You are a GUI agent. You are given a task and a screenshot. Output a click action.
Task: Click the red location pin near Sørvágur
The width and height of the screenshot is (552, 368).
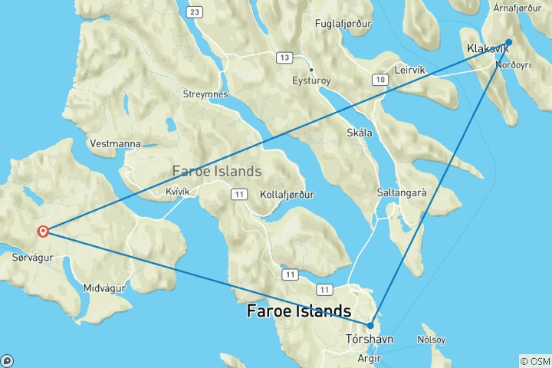pyautogui.click(x=44, y=231)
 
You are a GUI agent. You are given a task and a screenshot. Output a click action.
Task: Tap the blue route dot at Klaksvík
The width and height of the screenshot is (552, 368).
pyautogui.click(x=508, y=43)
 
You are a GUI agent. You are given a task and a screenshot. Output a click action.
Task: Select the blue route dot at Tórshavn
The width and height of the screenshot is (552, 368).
pyautogui.click(x=370, y=325)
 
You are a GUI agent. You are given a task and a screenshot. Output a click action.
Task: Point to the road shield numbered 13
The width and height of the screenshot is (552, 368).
pyautogui.click(x=285, y=58)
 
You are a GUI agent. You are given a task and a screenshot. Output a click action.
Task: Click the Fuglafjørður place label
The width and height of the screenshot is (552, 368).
pyautogui.click(x=343, y=24)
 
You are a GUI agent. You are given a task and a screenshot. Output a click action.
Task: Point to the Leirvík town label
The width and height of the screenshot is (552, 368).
pyautogui.click(x=409, y=69)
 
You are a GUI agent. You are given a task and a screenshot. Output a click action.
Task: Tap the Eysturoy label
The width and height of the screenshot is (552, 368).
pyautogui.click(x=310, y=80)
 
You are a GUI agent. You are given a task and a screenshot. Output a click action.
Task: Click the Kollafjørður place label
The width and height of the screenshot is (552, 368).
pyautogui.click(x=287, y=194)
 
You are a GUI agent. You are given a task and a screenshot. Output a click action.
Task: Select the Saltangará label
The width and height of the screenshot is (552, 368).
pyautogui.click(x=402, y=192)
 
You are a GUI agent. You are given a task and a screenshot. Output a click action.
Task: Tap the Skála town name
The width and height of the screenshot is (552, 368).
pyautogui.click(x=360, y=133)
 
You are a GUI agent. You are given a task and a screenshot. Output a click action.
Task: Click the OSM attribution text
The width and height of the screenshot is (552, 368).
pyautogui.click(x=534, y=361)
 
